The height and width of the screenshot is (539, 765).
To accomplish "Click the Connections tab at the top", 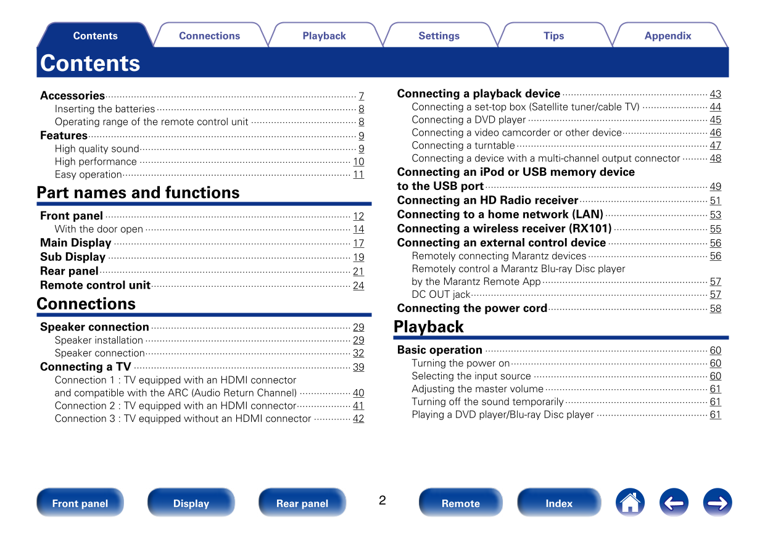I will pos(209,36).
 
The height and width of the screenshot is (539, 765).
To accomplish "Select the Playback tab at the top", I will pos(324,36).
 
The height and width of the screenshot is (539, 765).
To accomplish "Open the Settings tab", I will pos(439,36).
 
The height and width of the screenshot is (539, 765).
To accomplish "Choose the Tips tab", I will pos(553,36).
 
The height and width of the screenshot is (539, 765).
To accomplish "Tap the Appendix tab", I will pos(668,36).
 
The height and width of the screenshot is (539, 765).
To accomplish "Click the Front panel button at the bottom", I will pos(80,503).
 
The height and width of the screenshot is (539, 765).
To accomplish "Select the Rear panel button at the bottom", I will pos(302,503).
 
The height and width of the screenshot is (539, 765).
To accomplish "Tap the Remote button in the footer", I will pos(460,503).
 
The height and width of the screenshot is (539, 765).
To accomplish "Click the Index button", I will pos(559,503).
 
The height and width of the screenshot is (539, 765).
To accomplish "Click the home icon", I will pos(630,503).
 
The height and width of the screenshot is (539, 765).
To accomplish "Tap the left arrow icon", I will pos(674,503).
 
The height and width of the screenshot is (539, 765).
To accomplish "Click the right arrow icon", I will pos(717,503).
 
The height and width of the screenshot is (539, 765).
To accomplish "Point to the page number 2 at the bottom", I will pos(382,500).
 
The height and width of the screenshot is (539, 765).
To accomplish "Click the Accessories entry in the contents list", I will pos(73,96).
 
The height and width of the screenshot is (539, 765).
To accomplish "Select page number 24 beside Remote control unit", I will pos(358,286).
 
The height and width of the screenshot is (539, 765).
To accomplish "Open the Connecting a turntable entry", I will pos(463,146).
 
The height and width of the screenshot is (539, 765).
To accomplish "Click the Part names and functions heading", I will pos(138,192).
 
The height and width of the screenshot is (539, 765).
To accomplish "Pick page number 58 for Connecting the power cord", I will pos(715,308).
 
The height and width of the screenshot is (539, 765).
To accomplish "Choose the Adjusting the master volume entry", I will pos(478,389).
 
